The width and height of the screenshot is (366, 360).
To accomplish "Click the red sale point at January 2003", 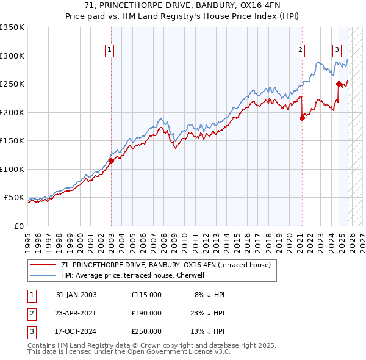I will point(112,161).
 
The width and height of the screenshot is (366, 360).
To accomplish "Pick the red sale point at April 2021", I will point(302,118).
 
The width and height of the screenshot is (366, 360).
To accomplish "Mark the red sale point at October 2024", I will point(339,84).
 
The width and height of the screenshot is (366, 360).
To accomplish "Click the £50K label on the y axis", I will point(15,198).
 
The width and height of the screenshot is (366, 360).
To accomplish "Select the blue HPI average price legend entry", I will point(136,275).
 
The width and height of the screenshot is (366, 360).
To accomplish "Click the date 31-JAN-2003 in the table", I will point(76,295).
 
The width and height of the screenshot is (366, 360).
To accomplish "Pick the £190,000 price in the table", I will point(146,313).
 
